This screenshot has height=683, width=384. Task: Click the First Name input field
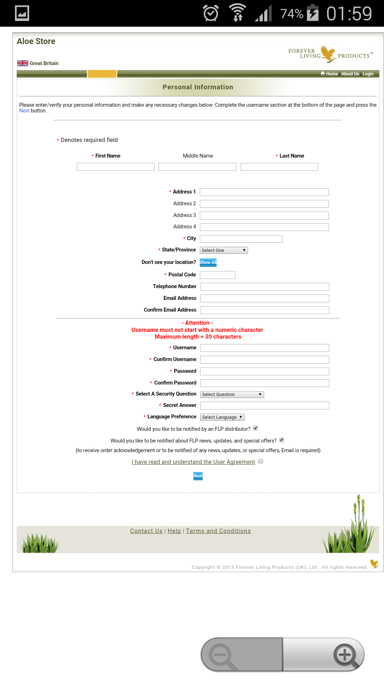[116, 167]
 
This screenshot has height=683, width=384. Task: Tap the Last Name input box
[279, 167]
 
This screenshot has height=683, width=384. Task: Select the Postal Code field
[217, 275]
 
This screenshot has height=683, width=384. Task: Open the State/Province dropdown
[224, 250]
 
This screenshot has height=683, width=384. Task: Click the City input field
[241, 239]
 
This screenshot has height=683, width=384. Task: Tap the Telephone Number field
[264, 287]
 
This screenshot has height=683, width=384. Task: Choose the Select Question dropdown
[232, 395]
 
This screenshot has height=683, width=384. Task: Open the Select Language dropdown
[222, 417]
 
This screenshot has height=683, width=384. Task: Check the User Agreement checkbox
[261, 461]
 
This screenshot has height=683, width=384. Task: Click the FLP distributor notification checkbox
[256, 428]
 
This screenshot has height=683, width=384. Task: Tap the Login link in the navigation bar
[368, 74]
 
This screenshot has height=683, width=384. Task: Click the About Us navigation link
[350, 74]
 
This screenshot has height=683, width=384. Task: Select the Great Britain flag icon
[23, 63]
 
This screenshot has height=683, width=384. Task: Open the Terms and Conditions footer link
[218, 531]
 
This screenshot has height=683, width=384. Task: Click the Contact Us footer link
[146, 531]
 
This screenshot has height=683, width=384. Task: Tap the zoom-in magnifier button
[345, 655]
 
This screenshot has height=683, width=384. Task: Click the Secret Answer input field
[264, 406]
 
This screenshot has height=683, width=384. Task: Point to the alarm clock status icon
[211, 14]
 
